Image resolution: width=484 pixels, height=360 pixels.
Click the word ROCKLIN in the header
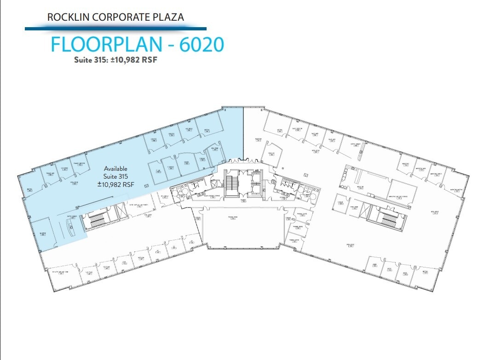tap(68, 17)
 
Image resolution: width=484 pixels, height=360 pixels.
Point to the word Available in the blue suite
tap(115, 168)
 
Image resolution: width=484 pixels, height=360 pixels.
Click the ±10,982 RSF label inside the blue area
tap(115, 184)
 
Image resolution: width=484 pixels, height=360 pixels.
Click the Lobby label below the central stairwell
tap(243, 201)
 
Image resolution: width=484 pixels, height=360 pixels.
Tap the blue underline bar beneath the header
tap(115, 29)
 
